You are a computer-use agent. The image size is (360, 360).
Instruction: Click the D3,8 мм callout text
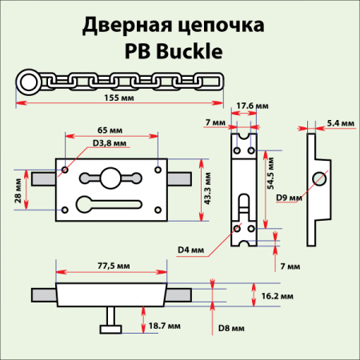(110, 142)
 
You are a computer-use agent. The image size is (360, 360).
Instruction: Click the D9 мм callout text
(290, 197)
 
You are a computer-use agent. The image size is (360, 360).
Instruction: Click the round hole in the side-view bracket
(321, 178)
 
